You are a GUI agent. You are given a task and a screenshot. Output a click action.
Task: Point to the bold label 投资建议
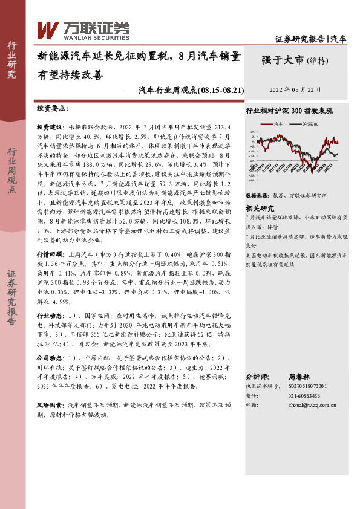tap(50, 129)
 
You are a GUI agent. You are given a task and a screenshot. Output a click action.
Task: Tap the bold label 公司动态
tap(50, 358)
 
